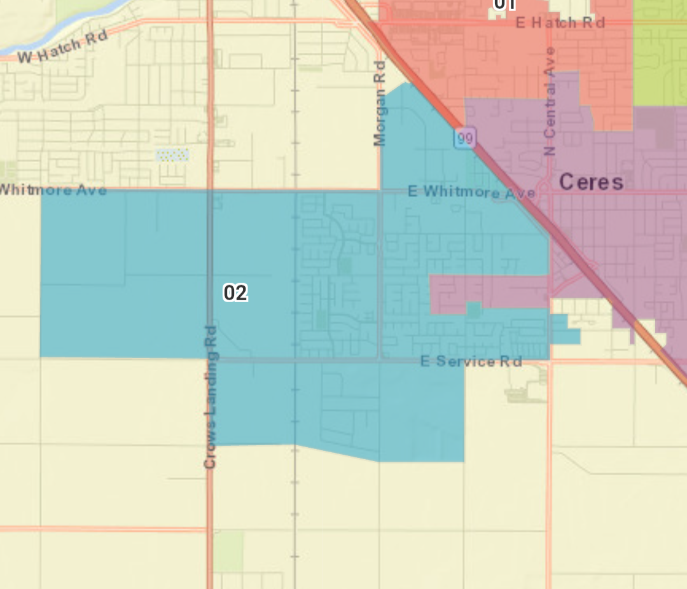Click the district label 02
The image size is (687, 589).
point(235,293)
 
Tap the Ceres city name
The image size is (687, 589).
point(591,183)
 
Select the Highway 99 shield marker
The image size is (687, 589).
point(465,138)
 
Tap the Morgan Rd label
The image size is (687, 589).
point(380,103)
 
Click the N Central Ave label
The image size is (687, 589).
point(550,100)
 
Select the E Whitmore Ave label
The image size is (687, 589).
point(471,191)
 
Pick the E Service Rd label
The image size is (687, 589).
point(471,361)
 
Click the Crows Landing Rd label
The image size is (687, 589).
point(211,398)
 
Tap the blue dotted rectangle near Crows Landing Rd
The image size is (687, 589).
point(173,155)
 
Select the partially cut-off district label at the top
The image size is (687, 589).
point(504,4)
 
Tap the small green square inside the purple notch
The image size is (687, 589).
point(473,310)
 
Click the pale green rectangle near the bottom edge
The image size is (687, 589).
point(228,551)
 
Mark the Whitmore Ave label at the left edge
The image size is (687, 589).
point(53,190)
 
